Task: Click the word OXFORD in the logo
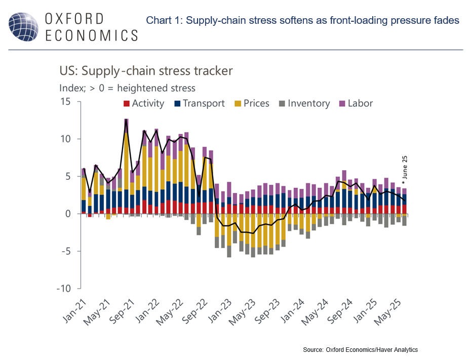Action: pyautogui.click(x=74, y=18)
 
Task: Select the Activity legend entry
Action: pyautogui.click(x=144, y=103)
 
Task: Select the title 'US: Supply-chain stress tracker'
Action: pyautogui.click(x=146, y=70)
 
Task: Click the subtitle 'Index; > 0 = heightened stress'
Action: pyautogui.click(x=127, y=88)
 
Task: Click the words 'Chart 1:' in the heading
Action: pyautogui.click(x=164, y=21)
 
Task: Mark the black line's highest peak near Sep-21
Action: pyautogui.click(x=126, y=120)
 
